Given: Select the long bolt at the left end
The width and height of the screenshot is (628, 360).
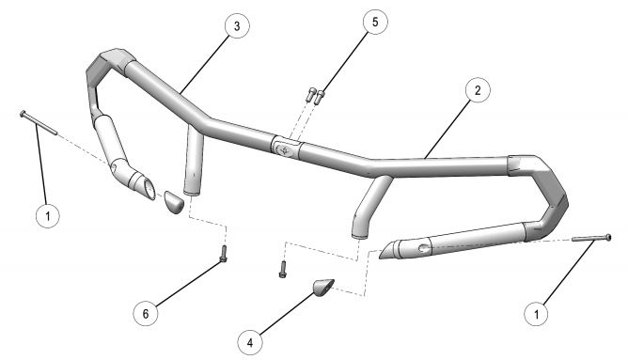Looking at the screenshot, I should [38, 121].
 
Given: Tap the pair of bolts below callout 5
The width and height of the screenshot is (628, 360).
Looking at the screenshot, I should [314, 95].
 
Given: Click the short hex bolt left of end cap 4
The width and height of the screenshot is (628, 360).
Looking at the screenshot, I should [282, 270].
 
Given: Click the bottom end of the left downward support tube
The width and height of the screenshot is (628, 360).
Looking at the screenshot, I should [195, 189].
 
